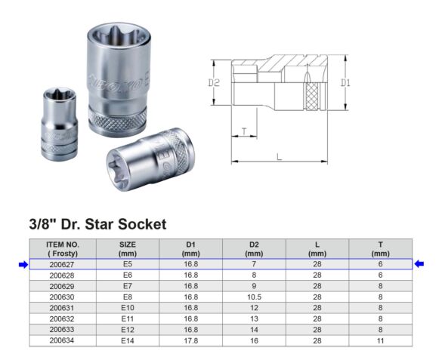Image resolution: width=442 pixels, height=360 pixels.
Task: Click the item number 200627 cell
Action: pos(62,264)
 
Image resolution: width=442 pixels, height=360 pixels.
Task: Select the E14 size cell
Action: pos(128,341)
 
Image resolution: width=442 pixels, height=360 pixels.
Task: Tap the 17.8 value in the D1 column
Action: pos(191,341)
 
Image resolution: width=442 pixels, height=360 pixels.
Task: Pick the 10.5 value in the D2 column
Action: pos(254,297)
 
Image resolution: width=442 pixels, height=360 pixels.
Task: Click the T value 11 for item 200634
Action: pos(380,341)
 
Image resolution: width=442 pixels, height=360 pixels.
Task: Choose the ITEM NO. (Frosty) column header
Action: pos(63,249)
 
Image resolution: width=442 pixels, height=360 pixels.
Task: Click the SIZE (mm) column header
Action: pos(128,249)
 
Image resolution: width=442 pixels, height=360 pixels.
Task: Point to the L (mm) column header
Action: pos(317,249)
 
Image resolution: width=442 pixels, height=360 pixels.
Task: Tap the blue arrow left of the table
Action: pos(23,264)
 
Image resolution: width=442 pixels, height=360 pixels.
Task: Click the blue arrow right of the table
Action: pos(419,263)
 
